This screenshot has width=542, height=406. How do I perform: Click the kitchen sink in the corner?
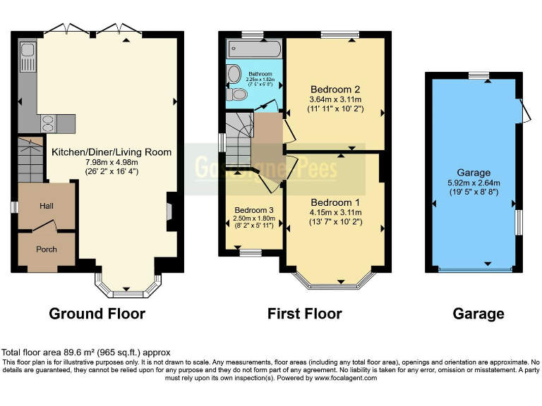click(x=28, y=53)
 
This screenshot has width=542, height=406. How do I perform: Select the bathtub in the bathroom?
click(x=253, y=50)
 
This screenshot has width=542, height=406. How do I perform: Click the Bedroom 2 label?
click(x=335, y=90)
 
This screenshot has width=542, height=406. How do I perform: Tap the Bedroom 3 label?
click(x=253, y=210)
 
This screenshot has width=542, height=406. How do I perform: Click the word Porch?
click(x=46, y=250)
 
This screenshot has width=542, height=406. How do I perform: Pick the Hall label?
click(x=46, y=207)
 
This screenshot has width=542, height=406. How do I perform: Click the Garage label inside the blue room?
click(x=473, y=173)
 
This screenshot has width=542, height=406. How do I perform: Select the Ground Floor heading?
click(x=97, y=314)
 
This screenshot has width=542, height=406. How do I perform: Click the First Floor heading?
click(x=304, y=314)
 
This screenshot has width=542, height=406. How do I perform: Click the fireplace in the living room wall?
click(x=169, y=211)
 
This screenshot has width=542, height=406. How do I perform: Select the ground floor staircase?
click(x=30, y=161)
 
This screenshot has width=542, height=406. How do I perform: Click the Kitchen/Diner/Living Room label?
click(x=111, y=152)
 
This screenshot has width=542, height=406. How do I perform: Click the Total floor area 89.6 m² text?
click(x=85, y=352)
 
